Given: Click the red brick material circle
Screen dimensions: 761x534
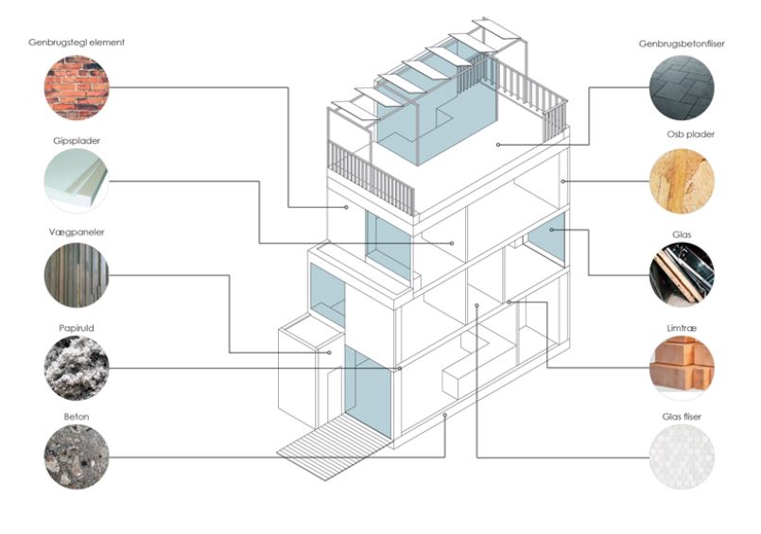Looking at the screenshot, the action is [77, 87].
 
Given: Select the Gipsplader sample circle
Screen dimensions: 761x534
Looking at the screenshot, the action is [77, 181].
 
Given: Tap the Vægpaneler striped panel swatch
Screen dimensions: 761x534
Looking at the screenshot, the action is [77, 275].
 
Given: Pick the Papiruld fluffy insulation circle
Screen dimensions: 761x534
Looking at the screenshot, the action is [77, 368].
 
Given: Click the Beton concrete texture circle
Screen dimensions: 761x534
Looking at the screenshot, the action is [77, 457].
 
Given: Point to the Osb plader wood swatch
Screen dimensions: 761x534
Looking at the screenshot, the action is [683, 181].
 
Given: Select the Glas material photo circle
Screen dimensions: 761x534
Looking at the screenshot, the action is [683, 275].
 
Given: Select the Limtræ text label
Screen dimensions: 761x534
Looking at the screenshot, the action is [683, 326].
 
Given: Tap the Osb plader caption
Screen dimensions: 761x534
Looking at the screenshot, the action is [689, 135].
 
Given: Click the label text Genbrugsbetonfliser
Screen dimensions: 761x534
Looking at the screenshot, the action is [682, 43].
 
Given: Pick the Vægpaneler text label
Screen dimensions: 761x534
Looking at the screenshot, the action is [77, 233].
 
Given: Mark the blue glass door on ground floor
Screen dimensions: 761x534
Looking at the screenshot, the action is [368, 389].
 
